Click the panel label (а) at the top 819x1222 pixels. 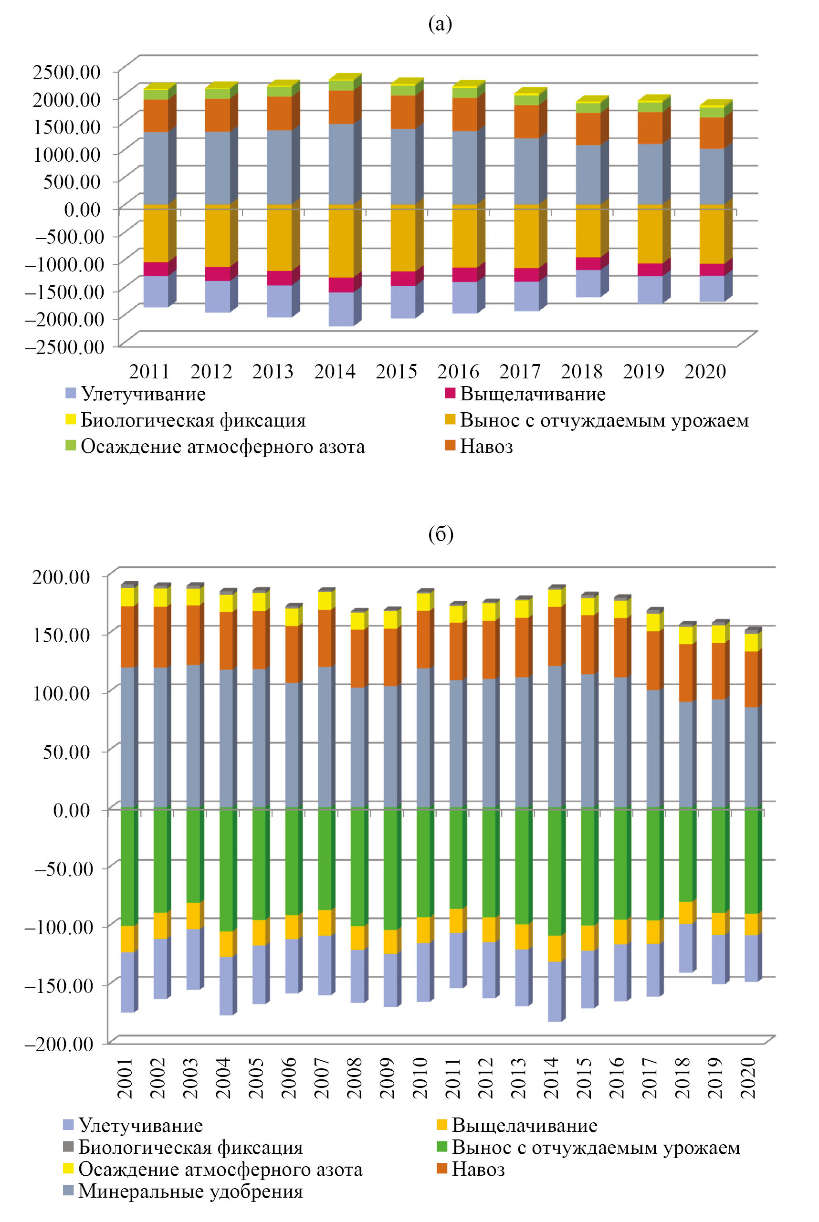[440, 24]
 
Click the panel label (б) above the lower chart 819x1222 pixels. [441, 534]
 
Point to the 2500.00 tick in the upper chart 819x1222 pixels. [66, 72]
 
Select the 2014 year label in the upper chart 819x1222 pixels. [335, 371]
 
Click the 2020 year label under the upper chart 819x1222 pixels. [705, 371]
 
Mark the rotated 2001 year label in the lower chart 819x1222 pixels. [126, 1078]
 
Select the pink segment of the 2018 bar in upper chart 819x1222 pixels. [588, 264]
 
